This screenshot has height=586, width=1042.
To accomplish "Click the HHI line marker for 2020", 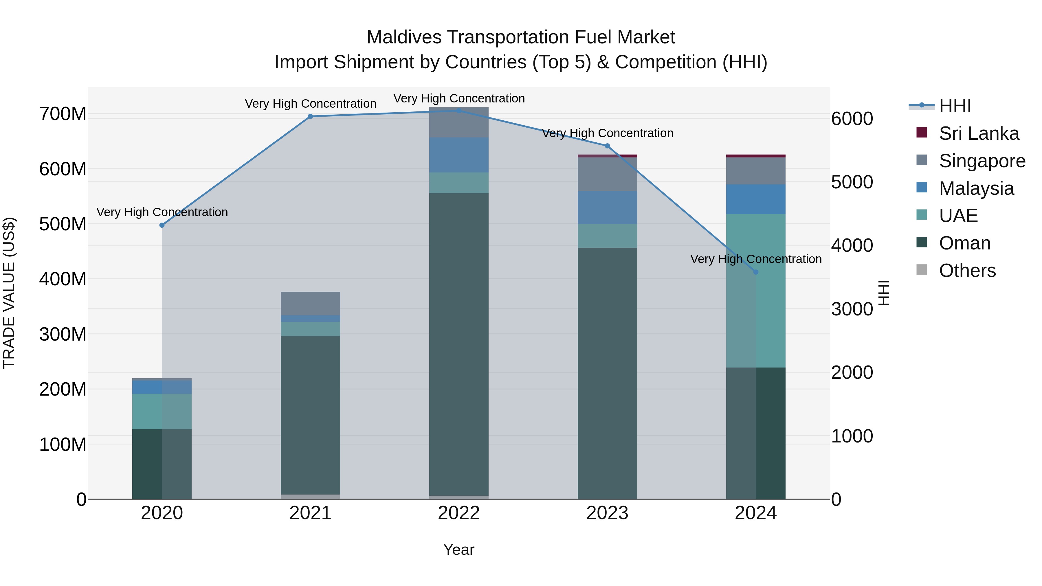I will (x=162, y=225).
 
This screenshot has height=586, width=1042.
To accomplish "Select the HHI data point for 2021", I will (x=310, y=116).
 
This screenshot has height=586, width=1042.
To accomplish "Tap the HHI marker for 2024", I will (x=756, y=272).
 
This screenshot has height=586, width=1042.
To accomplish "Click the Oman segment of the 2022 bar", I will (x=459, y=344).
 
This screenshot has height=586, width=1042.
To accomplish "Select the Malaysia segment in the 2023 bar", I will (x=607, y=207).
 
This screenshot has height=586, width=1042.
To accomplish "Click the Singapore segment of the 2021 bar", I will (x=310, y=303).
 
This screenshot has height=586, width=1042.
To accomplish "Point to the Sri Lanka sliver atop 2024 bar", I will (x=756, y=156).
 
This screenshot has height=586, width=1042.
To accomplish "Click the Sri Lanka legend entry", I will (x=979, y=133).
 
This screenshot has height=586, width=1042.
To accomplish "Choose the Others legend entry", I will (x=967, y=271).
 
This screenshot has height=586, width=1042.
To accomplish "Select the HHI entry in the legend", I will (x=955, y=106).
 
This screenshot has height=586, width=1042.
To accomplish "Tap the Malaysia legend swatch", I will (x=922, y=188).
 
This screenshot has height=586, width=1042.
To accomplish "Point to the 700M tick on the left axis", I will (x=63, y=114).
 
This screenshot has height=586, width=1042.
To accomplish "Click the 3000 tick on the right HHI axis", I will (x=852, y=309).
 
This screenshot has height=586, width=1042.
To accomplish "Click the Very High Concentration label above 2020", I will (x=162, y=212).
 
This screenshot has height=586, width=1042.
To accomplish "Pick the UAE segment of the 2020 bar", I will (x=162, y=411).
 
